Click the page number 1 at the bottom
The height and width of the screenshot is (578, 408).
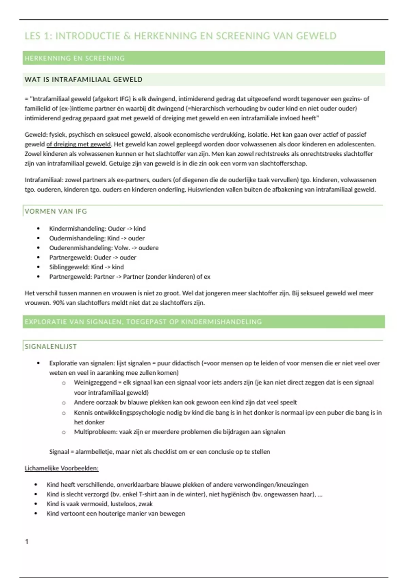pyautogui.click(x=27, y=541)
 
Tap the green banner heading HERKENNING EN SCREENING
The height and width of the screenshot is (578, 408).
pyautogui.click(x=75, y=58)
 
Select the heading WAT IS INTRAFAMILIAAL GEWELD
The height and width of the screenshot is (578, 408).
pyautogui.click(x=84, y=80)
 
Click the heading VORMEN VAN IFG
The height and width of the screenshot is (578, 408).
pyautogui.click(x=56, y=211)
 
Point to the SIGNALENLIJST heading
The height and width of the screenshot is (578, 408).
pyautogui.click(x=51, y=346)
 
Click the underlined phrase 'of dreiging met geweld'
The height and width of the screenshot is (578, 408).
pyautogui.click(x=79, y=144)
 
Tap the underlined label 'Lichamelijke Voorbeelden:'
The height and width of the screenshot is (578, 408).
pyautogui.click(x=62, y=468)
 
